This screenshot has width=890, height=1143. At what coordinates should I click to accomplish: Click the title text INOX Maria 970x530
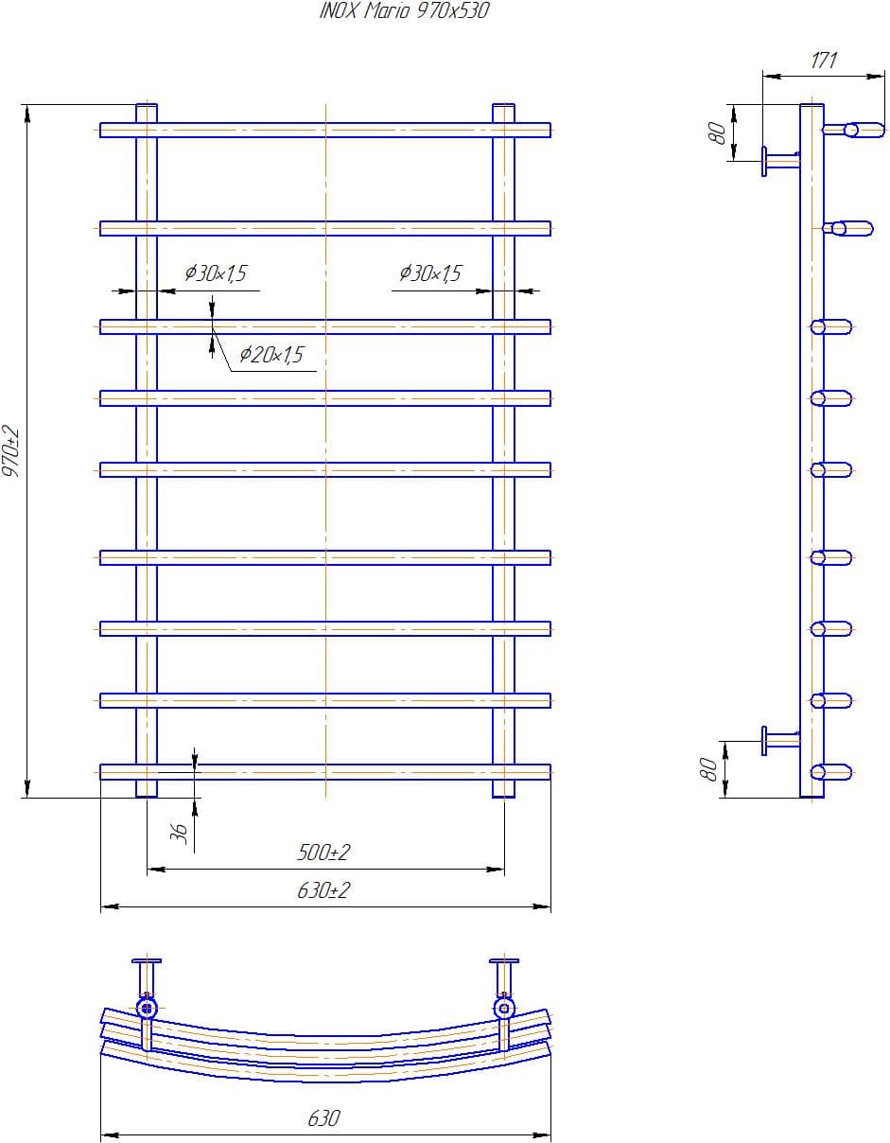click(x=404, y=11)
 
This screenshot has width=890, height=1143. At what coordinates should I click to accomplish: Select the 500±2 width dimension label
click(x=323, y=853)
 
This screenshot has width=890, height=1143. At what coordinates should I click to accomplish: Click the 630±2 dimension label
click(x=323, y=890)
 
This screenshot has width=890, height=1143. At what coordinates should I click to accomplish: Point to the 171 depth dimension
click(x=824, y=61)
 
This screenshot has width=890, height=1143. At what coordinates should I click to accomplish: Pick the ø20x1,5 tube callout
click(x=270, y=355)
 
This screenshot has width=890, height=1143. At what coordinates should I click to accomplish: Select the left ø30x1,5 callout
click(x=215, y=273)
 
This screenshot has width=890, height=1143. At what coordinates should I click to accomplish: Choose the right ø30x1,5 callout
click(x=429, y=273)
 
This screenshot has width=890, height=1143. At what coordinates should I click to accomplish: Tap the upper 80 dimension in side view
click(x=719, y=133)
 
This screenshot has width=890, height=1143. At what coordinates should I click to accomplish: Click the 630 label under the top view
click(x=323, y=1118)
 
